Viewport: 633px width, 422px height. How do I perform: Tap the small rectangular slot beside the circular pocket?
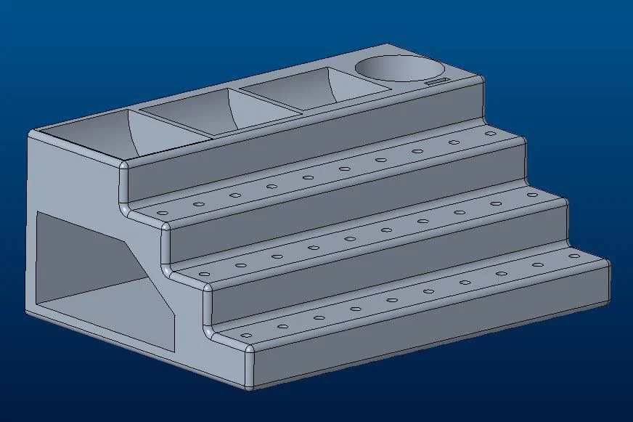click(435, 82)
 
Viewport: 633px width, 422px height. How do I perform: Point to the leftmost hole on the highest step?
click(162, 213)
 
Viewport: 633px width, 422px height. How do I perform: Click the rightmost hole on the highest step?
click(490, 134)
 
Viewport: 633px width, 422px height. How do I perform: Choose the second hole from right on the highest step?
click(454, 142)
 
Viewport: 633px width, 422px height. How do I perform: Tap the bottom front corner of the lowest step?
click(250, 386)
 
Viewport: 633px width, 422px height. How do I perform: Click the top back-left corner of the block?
click(30, 135)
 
